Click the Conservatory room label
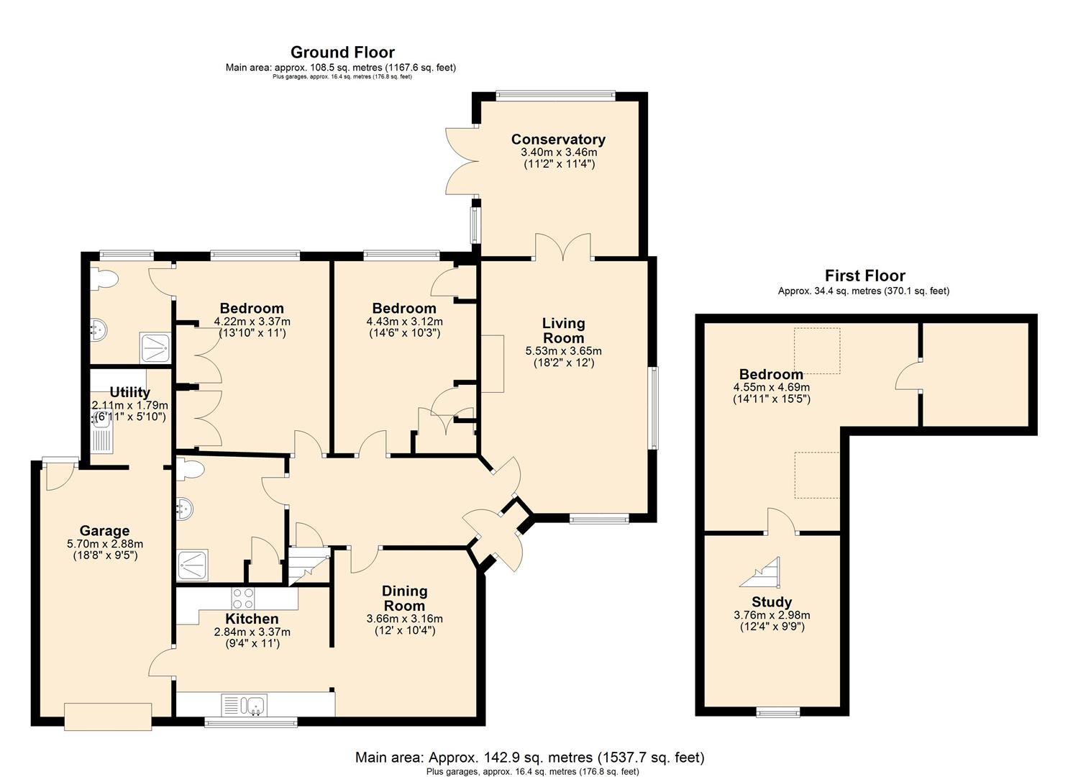(x=558, y=140)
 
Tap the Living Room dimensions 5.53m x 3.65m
(x=564, y=351)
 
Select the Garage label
(x=104, y=531)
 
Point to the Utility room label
(x=129, y=392)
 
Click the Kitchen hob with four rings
(x=243, y=598)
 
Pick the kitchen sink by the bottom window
(x=245, y=705)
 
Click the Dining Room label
(x=404, y=599)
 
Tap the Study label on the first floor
(x=772, y=602)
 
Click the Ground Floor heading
(x=342, y=52)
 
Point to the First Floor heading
(x=865, y=276)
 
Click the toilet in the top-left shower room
(x=104, y=280)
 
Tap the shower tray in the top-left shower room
(x=155, y=347)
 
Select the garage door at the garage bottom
(x=108, y=717)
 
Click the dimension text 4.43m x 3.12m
(x=405, y=322)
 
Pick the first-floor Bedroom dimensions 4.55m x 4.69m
(x=772, y=387)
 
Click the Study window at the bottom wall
(x=778, y=713)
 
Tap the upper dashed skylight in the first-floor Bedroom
(x=817, y=350)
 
